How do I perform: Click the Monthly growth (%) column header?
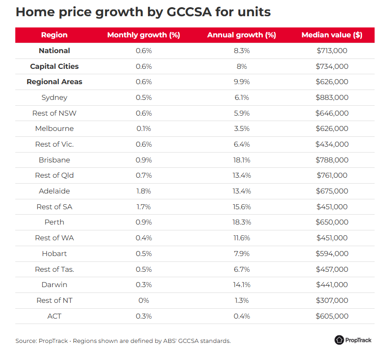click(x=143, y=35)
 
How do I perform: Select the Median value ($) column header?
click(x=332, y=35)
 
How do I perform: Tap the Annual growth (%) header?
click(x=241, y=35)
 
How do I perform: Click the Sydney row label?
click(x=54, y=98)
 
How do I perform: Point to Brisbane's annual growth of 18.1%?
click(x=241, y=160)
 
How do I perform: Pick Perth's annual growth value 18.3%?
click(x=241, y=222)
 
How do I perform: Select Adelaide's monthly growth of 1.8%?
click(x=144, y=191)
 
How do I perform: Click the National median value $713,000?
click(x=332, y=51)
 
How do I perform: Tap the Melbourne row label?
click(x=54, y=129)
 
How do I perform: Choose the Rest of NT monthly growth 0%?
click(x=144, y=301)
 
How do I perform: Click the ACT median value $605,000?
click(x=332, y=316)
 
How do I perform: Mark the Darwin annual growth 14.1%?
click(x=241, y=285)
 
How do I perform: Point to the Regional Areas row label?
click(x=54, y=82)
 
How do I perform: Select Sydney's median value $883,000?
click(x=332, y=98)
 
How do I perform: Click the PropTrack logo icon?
click(x=339, y=340)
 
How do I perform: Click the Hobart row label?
click(x=54, y=254)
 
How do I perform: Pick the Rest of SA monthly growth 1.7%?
click(x=144, y=207)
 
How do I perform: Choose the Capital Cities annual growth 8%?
click(x=241, y=67)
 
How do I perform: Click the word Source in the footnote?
click(x=26, y=341)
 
